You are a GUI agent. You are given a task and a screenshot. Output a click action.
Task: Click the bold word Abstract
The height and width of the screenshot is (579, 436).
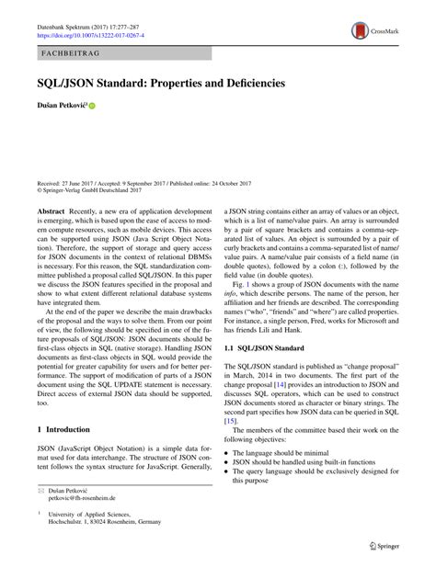pyautogui.click(x=51, y=212)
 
